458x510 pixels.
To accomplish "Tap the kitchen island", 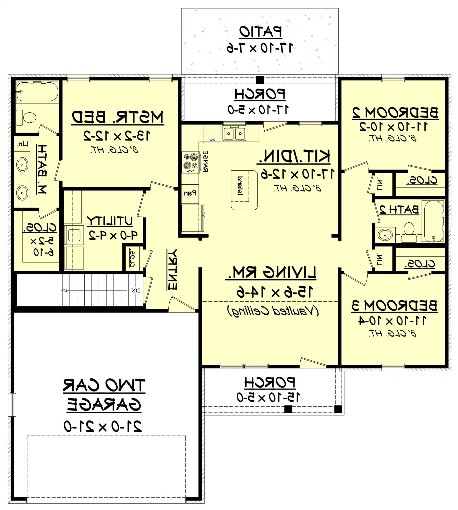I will click(244, 190).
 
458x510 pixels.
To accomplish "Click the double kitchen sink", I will click(234, 133).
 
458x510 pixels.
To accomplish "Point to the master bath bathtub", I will click(37, 92).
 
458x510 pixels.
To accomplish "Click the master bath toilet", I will click(27, 118).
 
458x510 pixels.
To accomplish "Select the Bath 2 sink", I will click(385, 234).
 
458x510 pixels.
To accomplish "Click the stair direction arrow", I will click(65, 290).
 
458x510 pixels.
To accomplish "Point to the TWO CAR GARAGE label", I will click(104, 395).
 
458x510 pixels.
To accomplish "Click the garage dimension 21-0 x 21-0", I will click(103, 426).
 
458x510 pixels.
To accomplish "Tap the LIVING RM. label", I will click(271, 273).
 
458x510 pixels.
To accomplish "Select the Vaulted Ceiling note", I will click(273, 311).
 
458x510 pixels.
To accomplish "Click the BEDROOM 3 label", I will click(394, 306).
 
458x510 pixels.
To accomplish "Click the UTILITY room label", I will click(110, 221).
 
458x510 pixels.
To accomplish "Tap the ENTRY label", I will click(172, 269).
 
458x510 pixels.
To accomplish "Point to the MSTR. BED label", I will click(117, 117).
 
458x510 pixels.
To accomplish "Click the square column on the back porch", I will click(259, 80).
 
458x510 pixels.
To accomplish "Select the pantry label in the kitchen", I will click(189, 193).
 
